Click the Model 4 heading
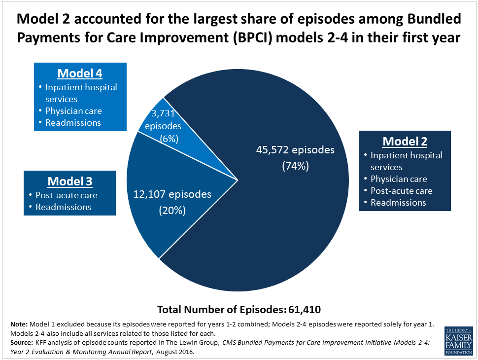point(80,73)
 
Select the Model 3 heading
point(70,181)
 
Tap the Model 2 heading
point(405,141)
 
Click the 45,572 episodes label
point(295,150)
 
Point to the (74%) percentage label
point(295,166)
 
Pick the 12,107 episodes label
point(172,194)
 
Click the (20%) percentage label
point(172,211)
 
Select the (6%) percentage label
point(170,139)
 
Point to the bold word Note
point(19,324)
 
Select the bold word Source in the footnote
point(22,342)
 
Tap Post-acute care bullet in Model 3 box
point(66,195)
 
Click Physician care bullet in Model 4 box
point(73,111)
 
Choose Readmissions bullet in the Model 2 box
point(398,203)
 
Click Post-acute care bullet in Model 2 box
point(401,191)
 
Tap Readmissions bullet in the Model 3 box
point(63,207)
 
